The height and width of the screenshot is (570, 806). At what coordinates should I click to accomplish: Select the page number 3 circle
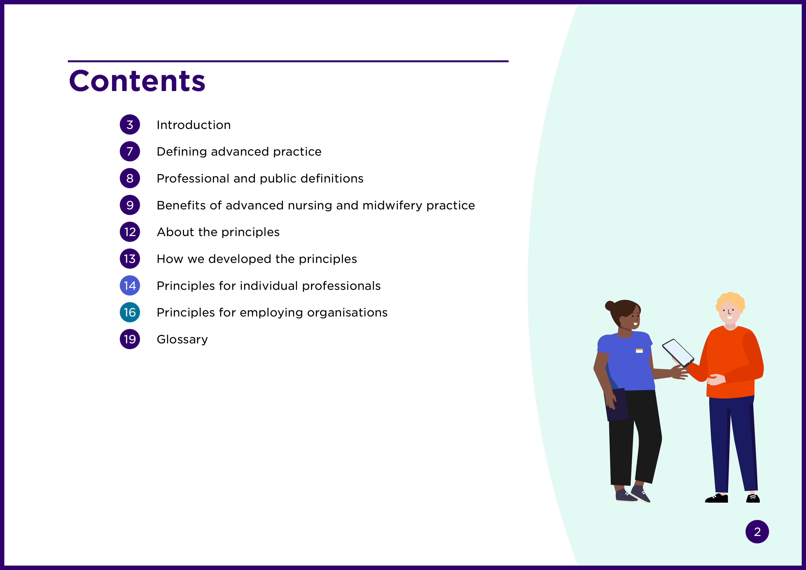tap(130, 125)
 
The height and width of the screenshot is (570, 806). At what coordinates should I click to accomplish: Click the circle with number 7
tap(130, 151)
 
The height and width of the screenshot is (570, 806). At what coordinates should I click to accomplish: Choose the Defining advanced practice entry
tap(239, 152)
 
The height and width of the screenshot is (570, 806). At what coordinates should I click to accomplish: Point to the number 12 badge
tap(130, 232)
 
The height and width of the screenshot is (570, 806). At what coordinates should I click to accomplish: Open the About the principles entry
tap(218, 232)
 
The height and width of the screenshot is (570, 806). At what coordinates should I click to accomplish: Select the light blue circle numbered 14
tap(130, 285)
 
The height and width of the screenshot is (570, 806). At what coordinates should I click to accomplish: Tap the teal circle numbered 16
tap(130, 312)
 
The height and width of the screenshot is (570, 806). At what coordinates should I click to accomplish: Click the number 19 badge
tap(130, 339)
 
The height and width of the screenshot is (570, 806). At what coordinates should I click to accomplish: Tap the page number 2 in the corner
tap(757, 532)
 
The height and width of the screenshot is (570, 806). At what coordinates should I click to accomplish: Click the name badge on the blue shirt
tap(639, 351)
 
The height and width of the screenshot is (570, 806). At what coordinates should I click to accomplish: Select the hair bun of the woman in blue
tap(610, 305)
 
